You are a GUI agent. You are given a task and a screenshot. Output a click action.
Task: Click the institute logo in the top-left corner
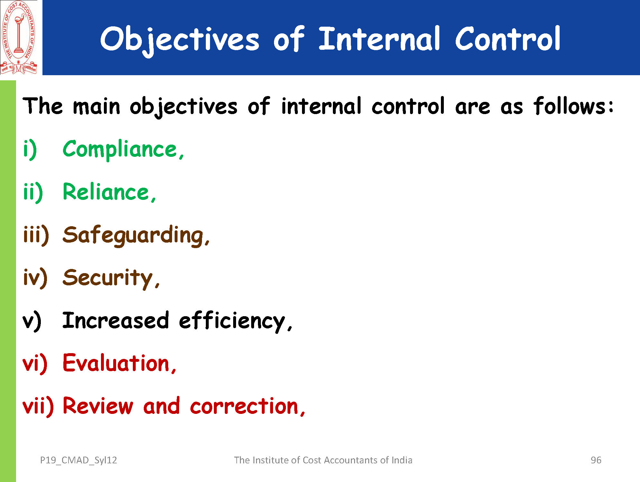pyautogui.click(x=19, y=38)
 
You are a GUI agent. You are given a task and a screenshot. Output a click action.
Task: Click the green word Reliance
pyautogui.click(x=109, y=192)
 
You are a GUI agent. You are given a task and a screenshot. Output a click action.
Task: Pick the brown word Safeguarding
pyautogui.click(x=136, y=236)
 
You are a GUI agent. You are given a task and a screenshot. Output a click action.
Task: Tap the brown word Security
pyautogui.click(x=111, y=278)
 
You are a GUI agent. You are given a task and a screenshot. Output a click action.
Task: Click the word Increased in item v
pyautogui.click(x=115, y=320)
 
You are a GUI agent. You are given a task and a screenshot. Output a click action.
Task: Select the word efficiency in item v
pyautogui.click(x=236, y=321)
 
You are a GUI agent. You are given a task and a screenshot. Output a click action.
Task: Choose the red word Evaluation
pyautogui.click(x=119, y=363)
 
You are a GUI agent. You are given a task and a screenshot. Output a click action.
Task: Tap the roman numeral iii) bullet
pyautogui.click(x=36, y=235)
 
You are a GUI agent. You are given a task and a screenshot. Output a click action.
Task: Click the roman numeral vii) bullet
pyautogui.click(x=38, y=406)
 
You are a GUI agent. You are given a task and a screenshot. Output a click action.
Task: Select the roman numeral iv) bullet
pyautogui.click(x=35, y=278)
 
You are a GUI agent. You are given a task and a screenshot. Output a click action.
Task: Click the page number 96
pyautogui.click(x=596, y=460)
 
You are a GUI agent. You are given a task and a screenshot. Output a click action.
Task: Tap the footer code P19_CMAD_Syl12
pyautogui.click(x=78, y=460)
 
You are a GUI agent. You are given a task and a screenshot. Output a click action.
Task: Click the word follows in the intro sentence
pyautogui.click(x=570, y=106)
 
